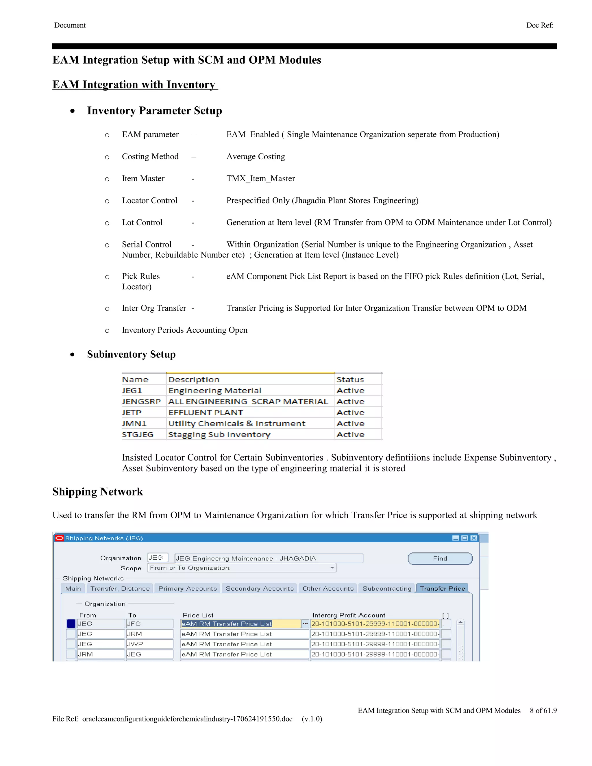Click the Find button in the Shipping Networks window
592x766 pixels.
[440, 558]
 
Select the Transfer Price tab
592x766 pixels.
[442, 589]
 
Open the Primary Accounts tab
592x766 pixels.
[188, 589]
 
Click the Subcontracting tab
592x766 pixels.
[387, 589]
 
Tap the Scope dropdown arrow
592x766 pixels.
[332, 568]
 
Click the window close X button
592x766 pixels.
[474, 538]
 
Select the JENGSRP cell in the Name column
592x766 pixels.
[141, 401]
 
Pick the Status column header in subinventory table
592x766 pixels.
[350, 380]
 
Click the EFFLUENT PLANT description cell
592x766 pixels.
[206, 412]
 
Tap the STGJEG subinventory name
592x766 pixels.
[138, 434]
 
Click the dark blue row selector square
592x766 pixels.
[71, 623]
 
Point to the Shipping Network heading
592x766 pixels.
[97, 492]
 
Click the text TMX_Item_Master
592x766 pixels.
[260, 179]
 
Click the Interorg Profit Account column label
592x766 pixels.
[349, 615]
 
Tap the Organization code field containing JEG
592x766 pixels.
[158, 558]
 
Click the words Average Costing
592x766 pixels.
[256, 156]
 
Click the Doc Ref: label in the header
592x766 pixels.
[540, 25]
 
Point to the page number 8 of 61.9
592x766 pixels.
[543, 710]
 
